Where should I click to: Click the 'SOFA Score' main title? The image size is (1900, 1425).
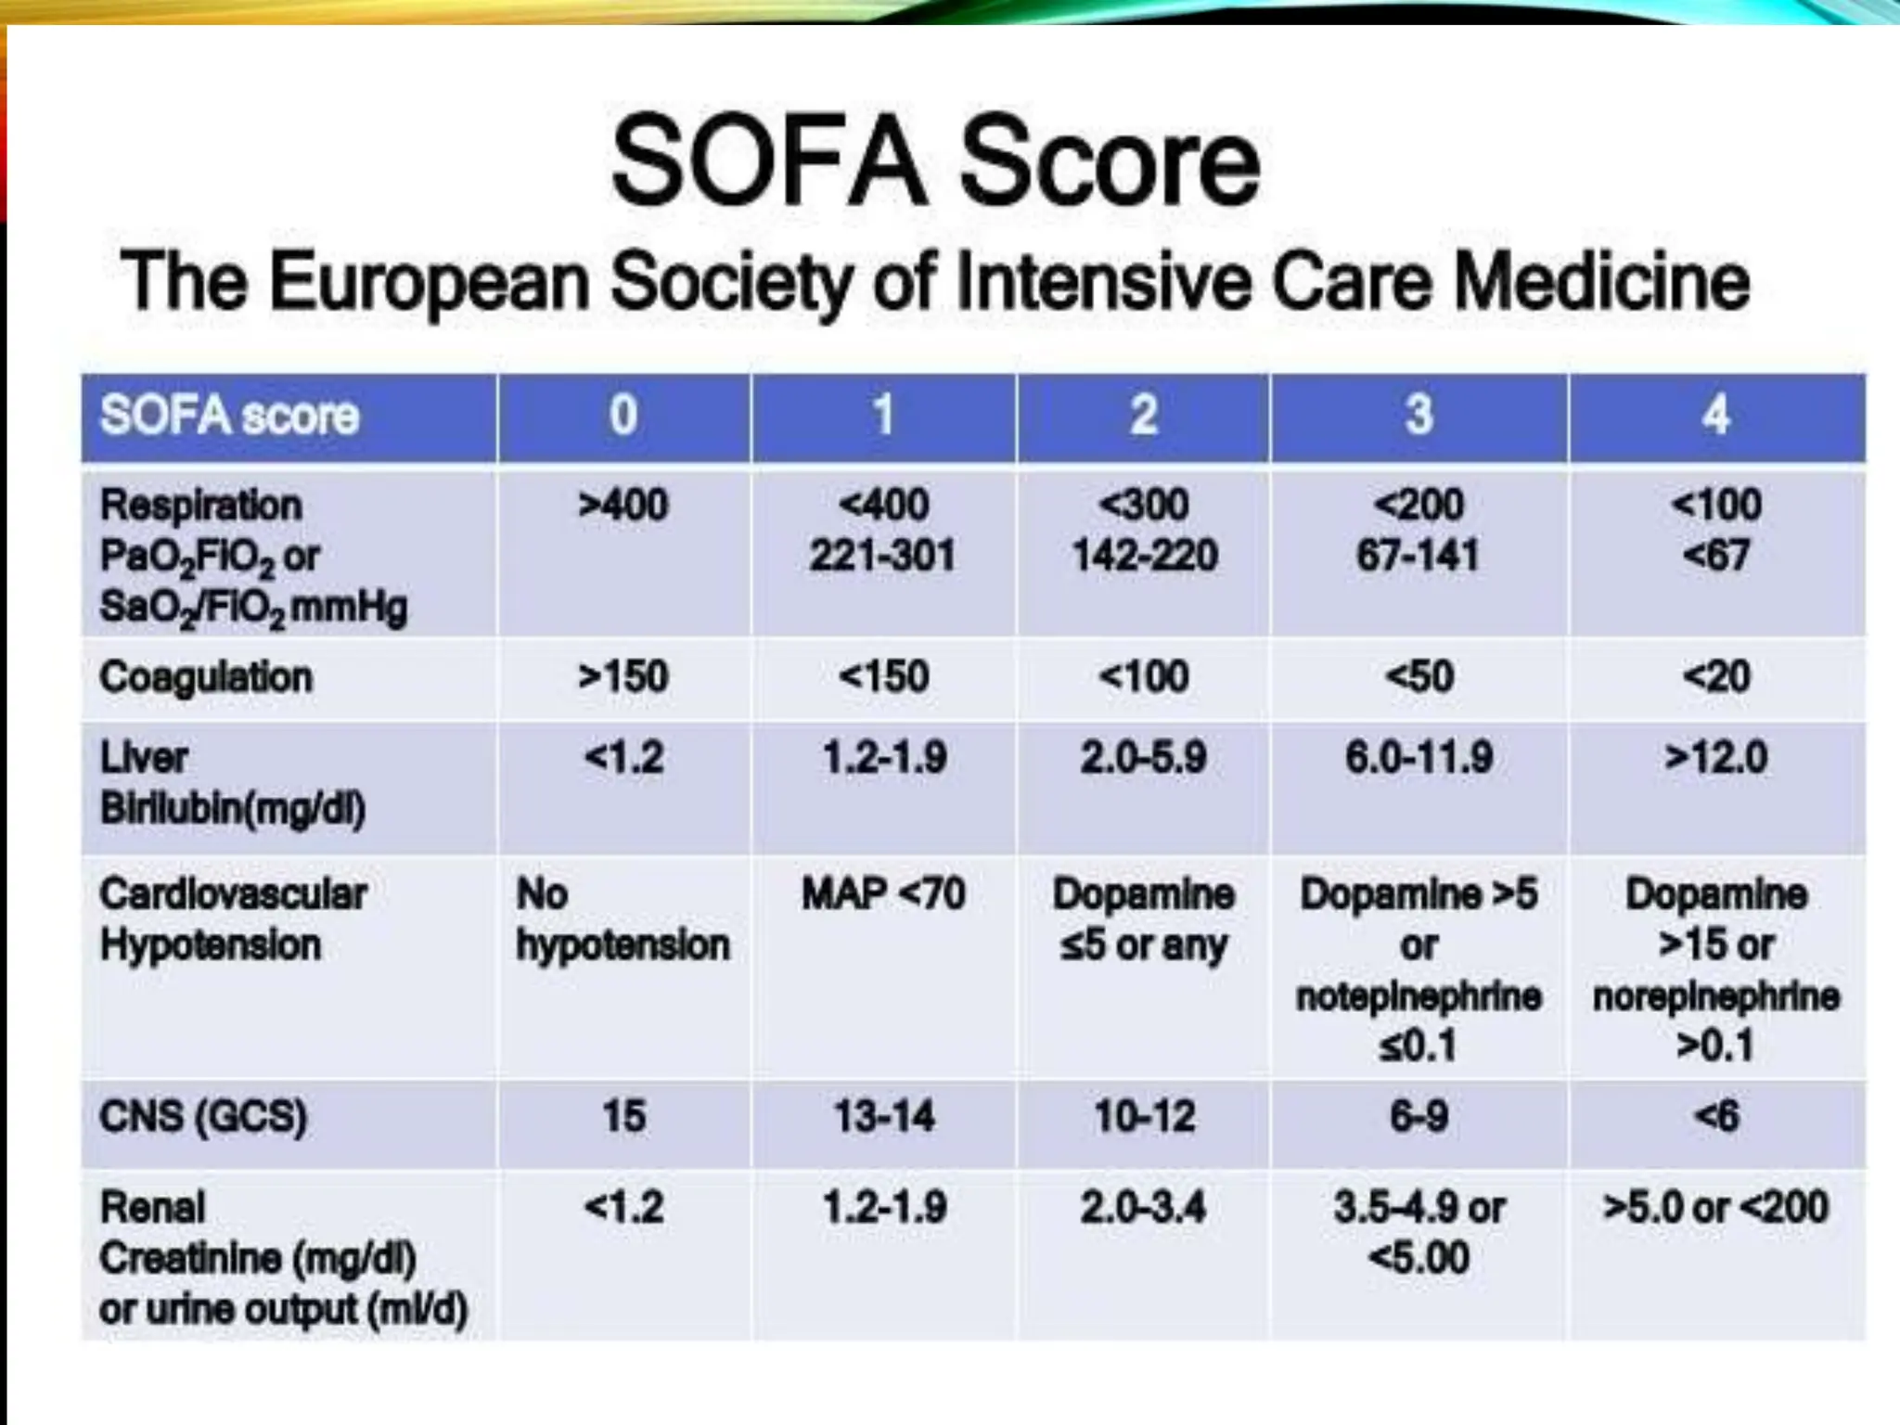pos(935,162)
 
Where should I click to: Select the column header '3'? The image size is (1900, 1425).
pos(1419,415)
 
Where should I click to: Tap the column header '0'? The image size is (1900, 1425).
pos(623,415)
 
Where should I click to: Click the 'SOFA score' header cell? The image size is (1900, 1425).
pos(229,415)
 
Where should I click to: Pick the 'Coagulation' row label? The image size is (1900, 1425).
pos(206,677)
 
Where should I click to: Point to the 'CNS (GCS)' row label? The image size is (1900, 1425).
pos(203,1116)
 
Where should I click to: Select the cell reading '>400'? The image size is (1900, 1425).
pos(623,506)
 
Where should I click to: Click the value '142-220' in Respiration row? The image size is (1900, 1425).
pos(1144,556)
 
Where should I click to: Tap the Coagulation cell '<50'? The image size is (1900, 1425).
pos(1419,677)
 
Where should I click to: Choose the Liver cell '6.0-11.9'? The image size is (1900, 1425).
pos(1419,758)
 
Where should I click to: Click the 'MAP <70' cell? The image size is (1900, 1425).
pos(883,894)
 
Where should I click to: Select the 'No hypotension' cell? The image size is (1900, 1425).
pos(622,919)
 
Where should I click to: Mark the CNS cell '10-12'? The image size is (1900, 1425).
pos(1144,1116)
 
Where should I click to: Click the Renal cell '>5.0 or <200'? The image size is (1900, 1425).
pos(1715,1208)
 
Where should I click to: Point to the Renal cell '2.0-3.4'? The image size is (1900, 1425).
pos(1143,1208)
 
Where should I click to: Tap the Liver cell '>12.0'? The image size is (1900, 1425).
pos(1715,758)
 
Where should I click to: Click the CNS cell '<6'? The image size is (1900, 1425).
pos(1715,1116)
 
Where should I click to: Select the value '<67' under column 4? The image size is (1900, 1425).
pos(1715,556)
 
